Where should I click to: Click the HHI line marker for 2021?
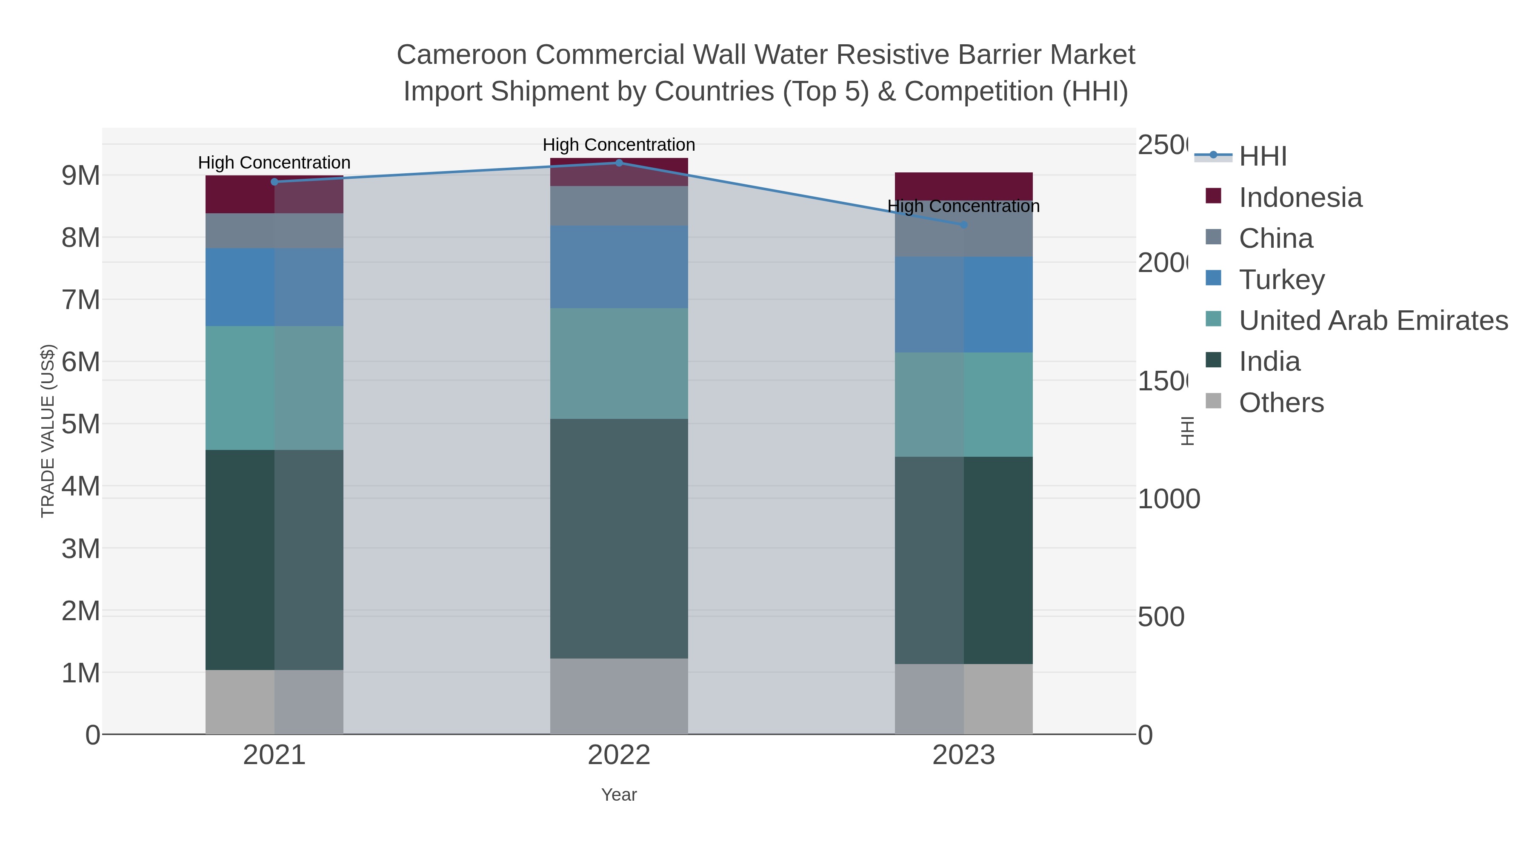click(x=274, y=181)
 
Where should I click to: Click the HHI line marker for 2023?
click(x=963, y=224)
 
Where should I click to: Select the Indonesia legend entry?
click(x=1300, y=197)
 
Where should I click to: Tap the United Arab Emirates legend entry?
click(x=1372, y=320)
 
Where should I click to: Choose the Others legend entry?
click(x=1281, y=402)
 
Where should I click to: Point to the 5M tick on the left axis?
click(x=80, y=424)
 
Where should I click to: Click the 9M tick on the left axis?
click(x=80, y=175)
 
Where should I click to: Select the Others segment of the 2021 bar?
click(x=274, y=702)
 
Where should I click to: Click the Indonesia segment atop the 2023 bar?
click(x=963, y=185)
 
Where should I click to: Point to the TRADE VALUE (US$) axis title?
click(x=48, y=431)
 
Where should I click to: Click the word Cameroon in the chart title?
click(x=461, y=55)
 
